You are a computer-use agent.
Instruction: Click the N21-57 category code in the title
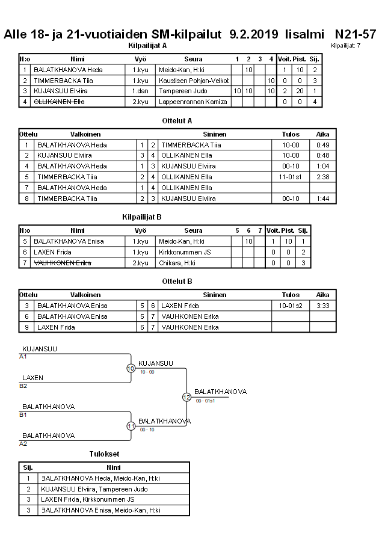tap(355, 34)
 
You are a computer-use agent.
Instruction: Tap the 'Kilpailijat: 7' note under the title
tap(345, 46)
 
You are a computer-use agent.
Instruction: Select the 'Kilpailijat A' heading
tap(147, 46)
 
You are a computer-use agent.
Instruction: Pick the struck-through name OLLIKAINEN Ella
tap(59, 102)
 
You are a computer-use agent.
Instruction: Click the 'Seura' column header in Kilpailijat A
tap(193, 59)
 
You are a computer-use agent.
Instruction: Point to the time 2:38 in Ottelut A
tap(323, 177)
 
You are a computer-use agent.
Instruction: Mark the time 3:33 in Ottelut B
tap(323, 306)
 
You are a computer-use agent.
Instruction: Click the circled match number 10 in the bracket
tap(131, 368)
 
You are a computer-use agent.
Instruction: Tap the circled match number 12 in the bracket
tap(186, 397)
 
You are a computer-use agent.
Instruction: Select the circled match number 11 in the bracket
tap(131, 426)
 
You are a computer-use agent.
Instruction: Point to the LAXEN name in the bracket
tap(32, 378)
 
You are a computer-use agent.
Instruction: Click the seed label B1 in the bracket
tap(23, 414)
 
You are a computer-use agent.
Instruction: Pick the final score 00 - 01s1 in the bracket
tap(205, 401)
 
